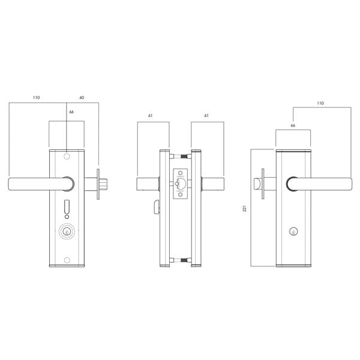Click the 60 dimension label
coord(82,97)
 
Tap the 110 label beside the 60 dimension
coord(37,97)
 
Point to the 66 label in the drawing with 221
coord(293,126)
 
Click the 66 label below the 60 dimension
coord(71,112)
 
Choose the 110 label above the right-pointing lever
coord(320,104)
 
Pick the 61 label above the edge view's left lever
coord(150,115)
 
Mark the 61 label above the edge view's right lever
coord(206,115)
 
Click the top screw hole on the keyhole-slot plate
coord(67,157)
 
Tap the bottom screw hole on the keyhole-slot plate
coord(67,259)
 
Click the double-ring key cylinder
coord(67,230)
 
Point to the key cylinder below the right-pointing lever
coord(292,230)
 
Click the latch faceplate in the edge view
coord(181,184)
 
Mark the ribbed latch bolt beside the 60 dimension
coord(103,184)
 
